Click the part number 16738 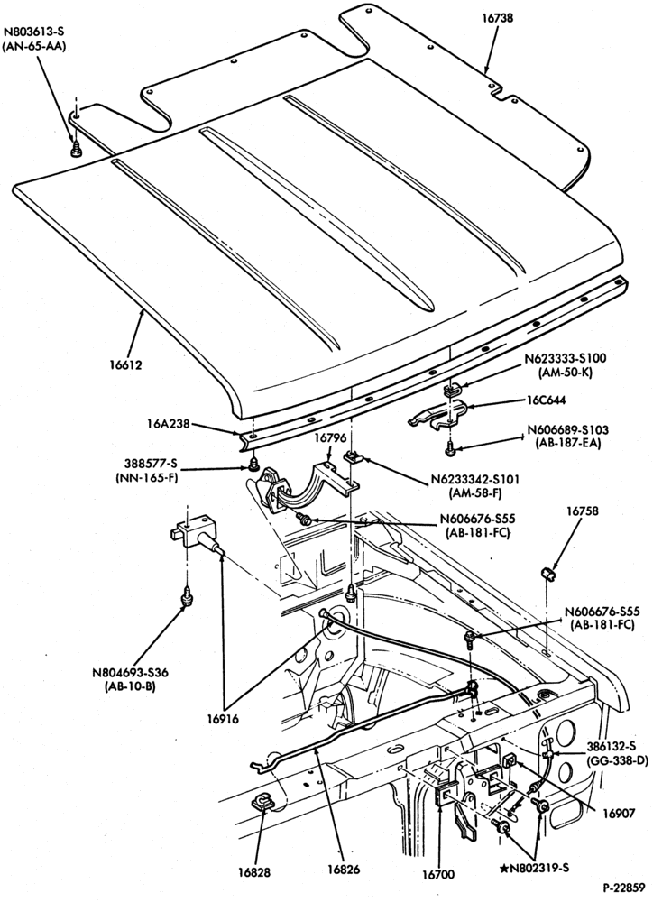pyautogui.click(x=497, y=18)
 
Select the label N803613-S pyautogui.click(x=36, y=32)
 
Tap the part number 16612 pyautogui.click(x=125, y=364)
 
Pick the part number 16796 pyautogui.click(x=330, y=437)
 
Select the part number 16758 pyautogui.click(x=582, y=511)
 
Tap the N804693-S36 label pyautogui.click(x=131, y=673)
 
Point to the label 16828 pyautogui.click(x=254, y=872)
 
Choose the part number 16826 pyautogui.click(x=344, y=870)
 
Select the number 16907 pyautogui.click(x=619, y=813)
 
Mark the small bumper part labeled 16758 pyautogui.click(x=549, y=574)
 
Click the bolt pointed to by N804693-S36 pyautogui.click(x=187, y=596)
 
